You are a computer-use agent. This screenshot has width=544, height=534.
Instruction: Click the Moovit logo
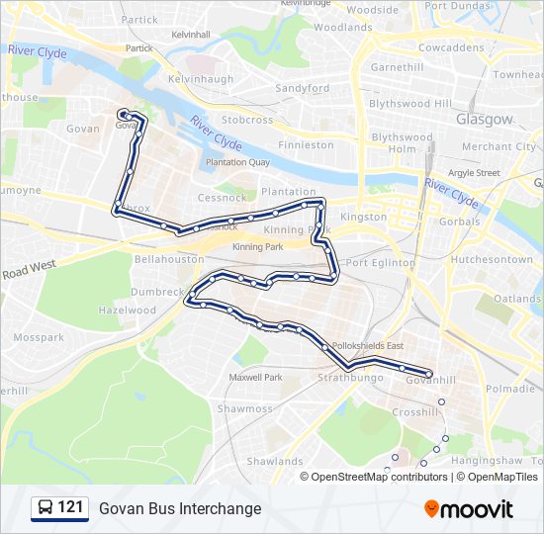tap(469, 509)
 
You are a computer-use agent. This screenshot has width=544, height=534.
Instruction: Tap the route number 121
tap(70, 508)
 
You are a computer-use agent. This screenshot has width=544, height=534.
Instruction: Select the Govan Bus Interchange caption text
tap(180, 508)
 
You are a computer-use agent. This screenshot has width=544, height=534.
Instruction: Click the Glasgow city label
tap(485, 119)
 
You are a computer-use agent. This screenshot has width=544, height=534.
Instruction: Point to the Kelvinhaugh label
tap(201, 79)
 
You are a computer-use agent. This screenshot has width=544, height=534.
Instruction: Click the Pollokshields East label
tap(369, 345)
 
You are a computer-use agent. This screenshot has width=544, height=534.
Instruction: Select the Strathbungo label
tap(344, 378)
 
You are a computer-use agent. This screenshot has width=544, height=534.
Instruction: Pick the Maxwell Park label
tap(255, 377)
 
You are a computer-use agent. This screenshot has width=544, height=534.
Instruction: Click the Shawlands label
tap(275, 461)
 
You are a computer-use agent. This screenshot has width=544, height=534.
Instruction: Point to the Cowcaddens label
tap(450, 46)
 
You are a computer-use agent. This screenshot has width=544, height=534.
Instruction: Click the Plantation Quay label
tap(237, 162)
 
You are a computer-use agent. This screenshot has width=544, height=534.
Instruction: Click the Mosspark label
tap(40, 337)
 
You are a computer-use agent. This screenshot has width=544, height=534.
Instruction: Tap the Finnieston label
tap(307, 144)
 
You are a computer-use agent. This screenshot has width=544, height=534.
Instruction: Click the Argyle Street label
tap(474, 172)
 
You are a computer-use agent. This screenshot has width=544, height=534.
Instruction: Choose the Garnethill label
tap(396, 66)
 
